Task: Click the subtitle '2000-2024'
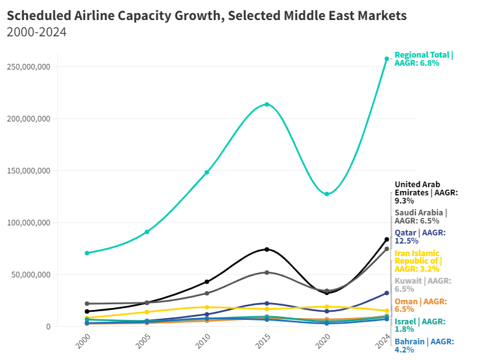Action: (36, 32)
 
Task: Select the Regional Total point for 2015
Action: (267, 105)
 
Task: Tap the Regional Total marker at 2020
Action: (327, 194)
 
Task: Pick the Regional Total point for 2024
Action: (387, 59)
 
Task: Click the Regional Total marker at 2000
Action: (87, 253)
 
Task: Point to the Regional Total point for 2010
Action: (207, 172)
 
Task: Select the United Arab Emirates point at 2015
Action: (267, 249)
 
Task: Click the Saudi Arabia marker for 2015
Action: (267, 272)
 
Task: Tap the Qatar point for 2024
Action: (387, 293)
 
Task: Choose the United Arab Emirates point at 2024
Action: (387, 239)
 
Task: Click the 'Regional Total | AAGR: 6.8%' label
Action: (424, 59)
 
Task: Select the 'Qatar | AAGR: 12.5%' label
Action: (420, 237)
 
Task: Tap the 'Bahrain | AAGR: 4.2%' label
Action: (424, 346)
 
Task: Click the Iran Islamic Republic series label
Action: (418, 260)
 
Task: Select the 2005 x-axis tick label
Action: (144, 342)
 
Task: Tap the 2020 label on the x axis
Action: (323, 342)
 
